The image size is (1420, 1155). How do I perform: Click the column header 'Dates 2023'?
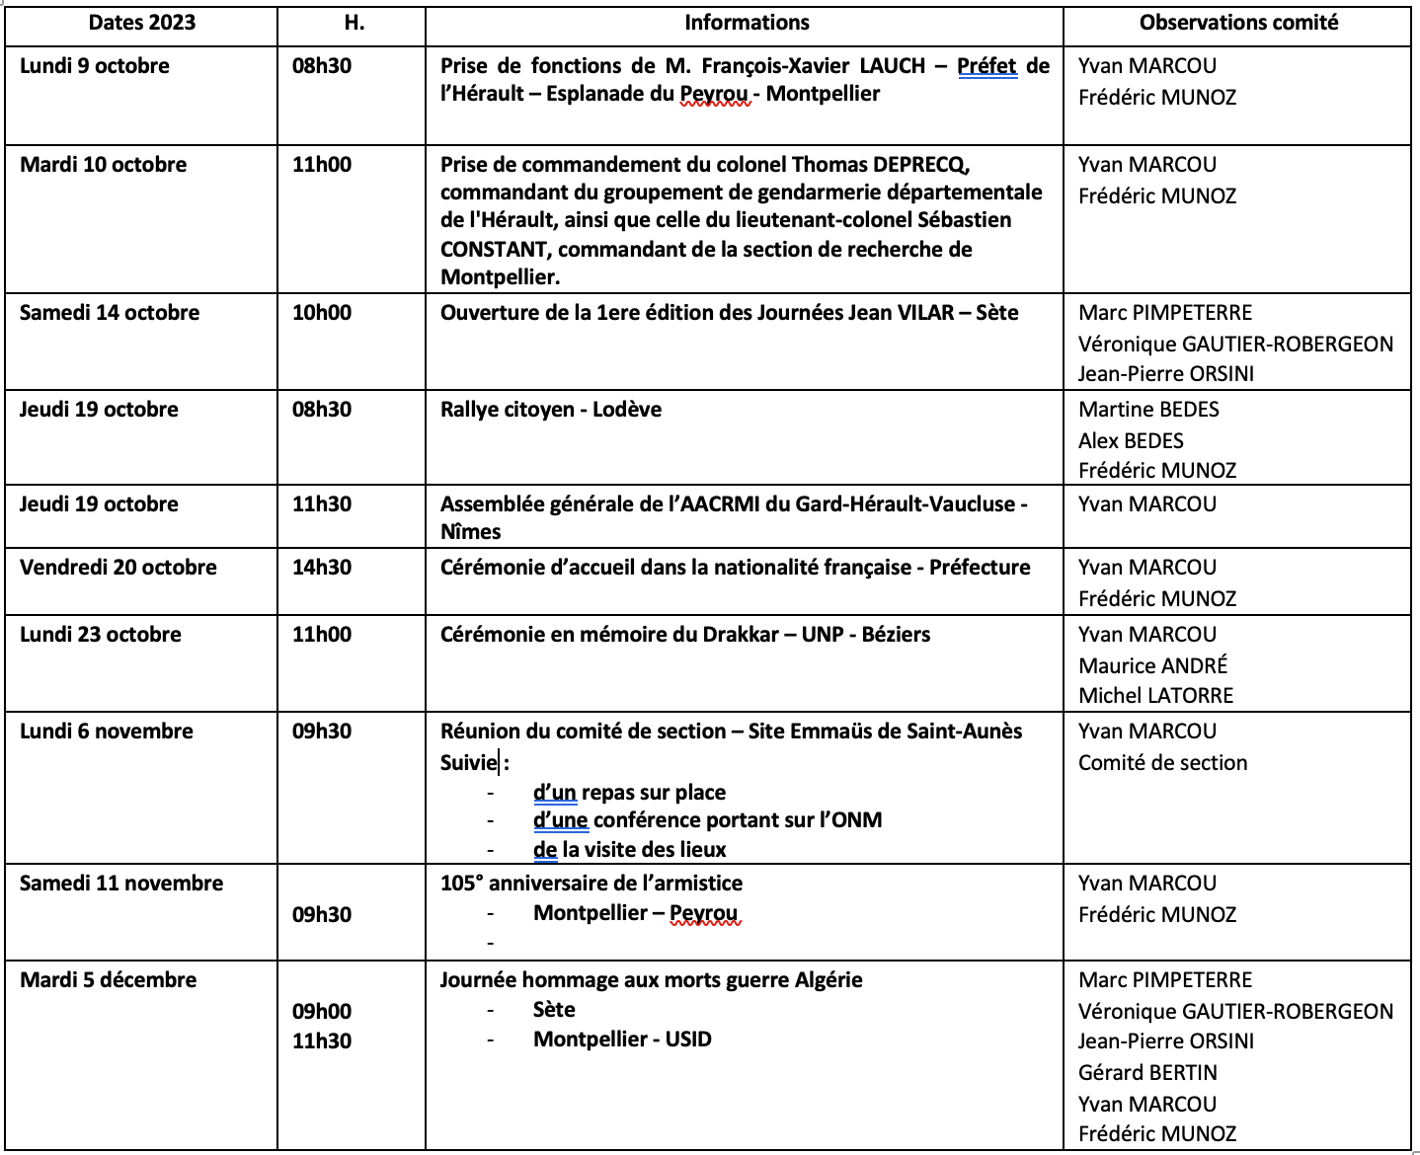click(142, 23)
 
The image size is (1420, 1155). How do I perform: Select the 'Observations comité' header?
click(1238, 23)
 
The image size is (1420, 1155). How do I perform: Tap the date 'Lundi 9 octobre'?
click(95, 66)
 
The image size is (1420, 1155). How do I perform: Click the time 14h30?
click(322, 568)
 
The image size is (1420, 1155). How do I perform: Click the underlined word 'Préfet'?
click(986, 66)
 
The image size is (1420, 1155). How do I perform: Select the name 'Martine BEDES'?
click(1148, 410)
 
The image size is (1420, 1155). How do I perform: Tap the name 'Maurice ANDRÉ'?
click(1152, 666)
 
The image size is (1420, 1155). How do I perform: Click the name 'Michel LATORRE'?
click(1155, 696)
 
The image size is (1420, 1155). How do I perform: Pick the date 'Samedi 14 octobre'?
click(110, 313)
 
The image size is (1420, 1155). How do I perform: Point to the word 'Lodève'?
click(627, 410)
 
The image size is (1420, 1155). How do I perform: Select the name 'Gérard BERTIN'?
click(1147, 1073)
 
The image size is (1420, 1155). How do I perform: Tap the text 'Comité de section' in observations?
click(1162, 763)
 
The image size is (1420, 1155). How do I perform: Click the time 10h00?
click(322, 313)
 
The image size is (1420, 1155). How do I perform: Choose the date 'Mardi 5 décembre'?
click(109, 980)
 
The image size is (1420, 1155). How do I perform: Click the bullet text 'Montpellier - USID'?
click(622, 1039)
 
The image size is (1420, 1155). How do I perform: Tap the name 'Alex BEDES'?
click(1131, 441)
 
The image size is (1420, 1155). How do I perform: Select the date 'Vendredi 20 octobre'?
click(118, 568)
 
